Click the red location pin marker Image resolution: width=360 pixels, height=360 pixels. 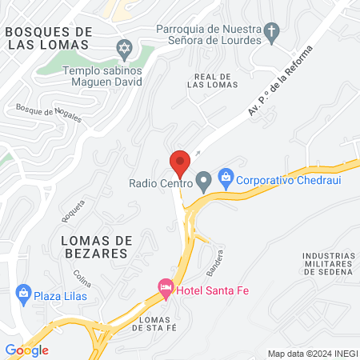[x=180, y=163]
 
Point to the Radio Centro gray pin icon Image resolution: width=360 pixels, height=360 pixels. [x=204, y=182]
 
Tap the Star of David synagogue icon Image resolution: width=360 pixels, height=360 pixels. [x=124, y=50]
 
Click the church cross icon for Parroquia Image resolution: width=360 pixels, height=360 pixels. [x=273, y=34]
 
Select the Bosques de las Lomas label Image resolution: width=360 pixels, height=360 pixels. [x=48, y=37]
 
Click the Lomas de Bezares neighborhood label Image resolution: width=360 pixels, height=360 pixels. [x=94, y=246]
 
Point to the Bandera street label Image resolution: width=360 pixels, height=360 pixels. [x=214, y=262]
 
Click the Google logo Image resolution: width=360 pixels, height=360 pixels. [x=27, y=350]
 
